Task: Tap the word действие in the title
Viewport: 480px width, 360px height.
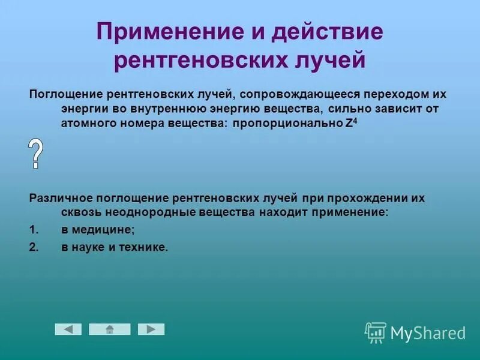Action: (x=328, y=32)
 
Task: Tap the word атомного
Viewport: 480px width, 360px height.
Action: (x=88, y=123)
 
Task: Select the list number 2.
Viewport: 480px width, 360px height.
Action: (x=34, y=247)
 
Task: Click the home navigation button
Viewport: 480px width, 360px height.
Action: (x=109, y=329)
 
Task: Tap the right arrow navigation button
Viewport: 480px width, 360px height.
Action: (x=151, y=329)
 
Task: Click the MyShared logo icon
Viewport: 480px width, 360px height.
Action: (x=375, y=332)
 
